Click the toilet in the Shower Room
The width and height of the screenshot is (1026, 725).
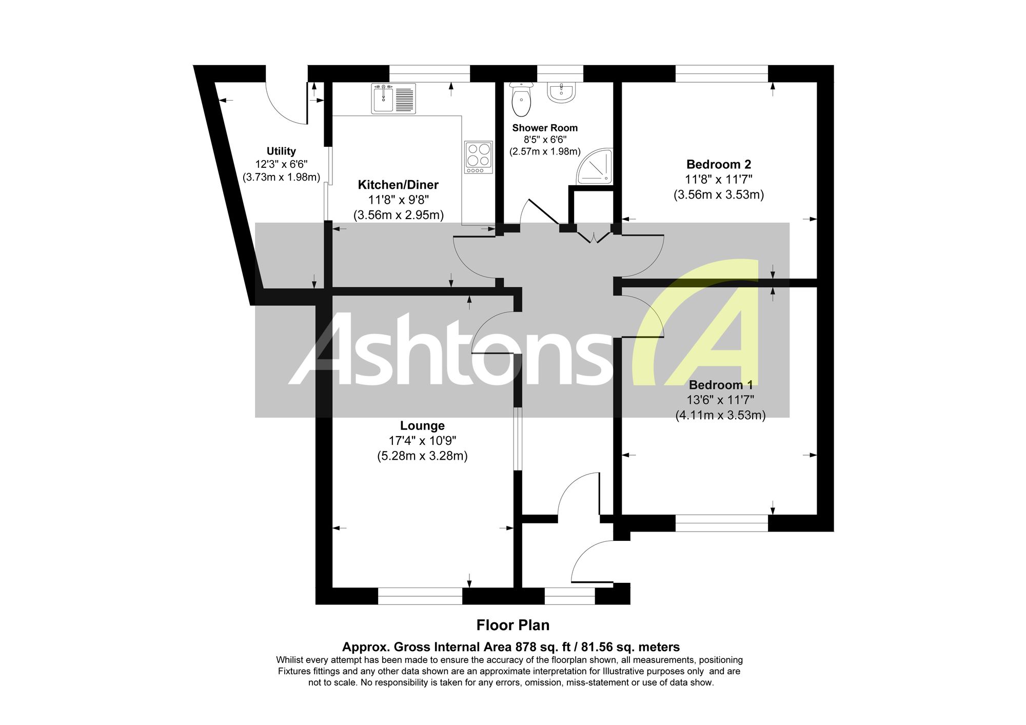[x=522, y=99]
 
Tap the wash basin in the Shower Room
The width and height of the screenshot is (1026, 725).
[x=562, y=92]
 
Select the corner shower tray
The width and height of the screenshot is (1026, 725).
[x=595, y=166]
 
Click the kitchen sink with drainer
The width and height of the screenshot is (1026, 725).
[x=393, y=99]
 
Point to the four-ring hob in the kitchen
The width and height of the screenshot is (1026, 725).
[x=479, y=157]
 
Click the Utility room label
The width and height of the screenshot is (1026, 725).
[x=281, y=151]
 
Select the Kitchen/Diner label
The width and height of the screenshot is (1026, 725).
[x=398, y=185]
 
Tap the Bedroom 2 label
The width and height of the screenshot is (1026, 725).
[x=719, y=164]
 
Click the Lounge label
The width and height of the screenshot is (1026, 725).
[x=422, y=425]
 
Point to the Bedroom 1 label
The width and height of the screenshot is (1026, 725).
[x=721, y=385]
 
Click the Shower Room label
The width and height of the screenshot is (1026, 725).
[x=545, y=128]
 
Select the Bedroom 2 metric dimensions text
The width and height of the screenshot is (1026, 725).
[x=719, y=195]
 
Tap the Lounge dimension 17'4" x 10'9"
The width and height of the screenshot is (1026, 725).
[x=422, y=440]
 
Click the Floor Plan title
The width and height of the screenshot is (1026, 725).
[x=513, y=625]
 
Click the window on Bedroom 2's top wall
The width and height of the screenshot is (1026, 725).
[x=722, y=73]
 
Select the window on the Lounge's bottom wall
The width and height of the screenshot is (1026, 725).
[x=420, y=596]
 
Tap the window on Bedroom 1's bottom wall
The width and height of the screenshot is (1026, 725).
[x=722, y=523]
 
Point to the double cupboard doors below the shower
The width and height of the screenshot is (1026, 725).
[x=594, y=238]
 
